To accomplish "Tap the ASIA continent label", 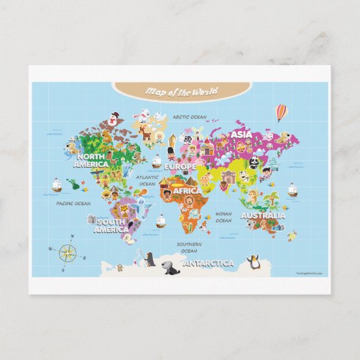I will tap(241, 134).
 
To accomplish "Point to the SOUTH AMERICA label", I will tap(110, 226).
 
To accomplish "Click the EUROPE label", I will tap(180, 166).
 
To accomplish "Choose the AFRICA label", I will tap(187, 192).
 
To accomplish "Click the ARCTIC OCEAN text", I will tap(189, 117).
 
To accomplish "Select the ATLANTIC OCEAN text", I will tap(147, 180).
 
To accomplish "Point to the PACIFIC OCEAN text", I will tap(73, 203).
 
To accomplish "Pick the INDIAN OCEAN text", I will tap(223, 217).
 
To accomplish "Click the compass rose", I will tap(67, 253).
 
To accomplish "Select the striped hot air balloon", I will tap(281, 111).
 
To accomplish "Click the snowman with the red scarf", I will tap(113, 120).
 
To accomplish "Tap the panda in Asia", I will tap(253, 161).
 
